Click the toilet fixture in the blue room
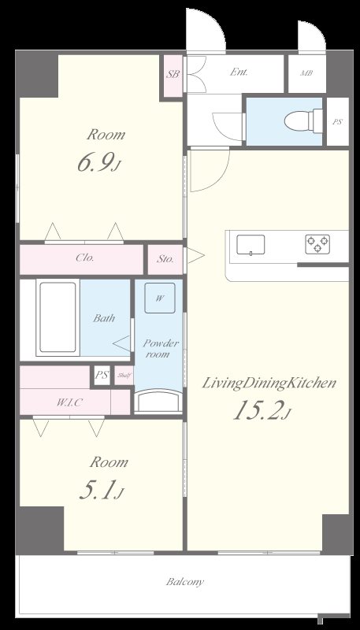click(303, 120)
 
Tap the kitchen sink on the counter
click(251, 245)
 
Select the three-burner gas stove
click(317, 244)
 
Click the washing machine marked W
click(160, 298)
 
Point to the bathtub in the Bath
click(58, 317)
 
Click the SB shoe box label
click(173, 74)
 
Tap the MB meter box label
click(306, 73)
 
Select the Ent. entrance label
click(238, 72)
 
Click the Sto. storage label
click(165, 259)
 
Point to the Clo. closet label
click(85, 258)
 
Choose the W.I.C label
click(69, 403)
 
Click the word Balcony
click(185, 581)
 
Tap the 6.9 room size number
click(95, 164)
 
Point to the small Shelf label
click(124, 376)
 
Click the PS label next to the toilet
click(337, 122)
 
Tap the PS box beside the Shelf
click(102, 376)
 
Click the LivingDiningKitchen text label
click(269, 383)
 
